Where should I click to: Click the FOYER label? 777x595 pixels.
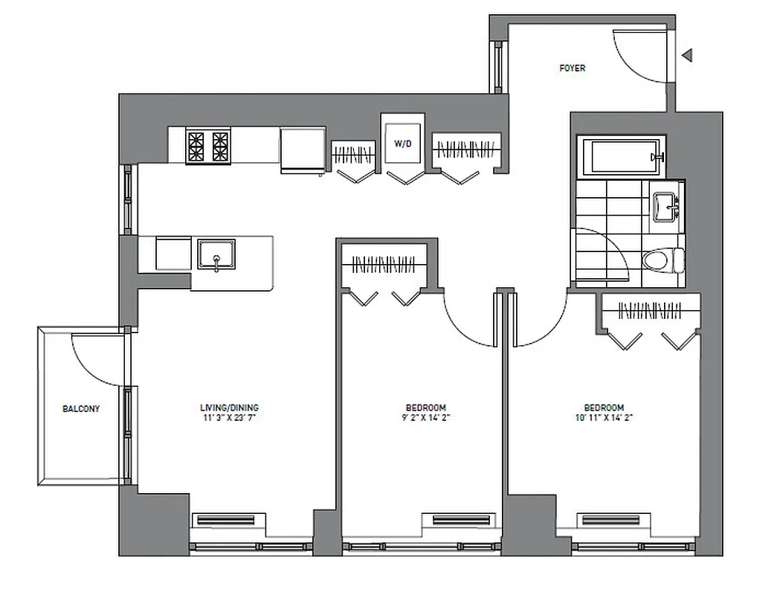tap(572, 68)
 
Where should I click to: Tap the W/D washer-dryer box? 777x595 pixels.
tap(402, 143)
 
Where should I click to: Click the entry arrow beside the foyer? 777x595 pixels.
tap(688, 54)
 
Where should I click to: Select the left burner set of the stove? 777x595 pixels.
tap(196, 145)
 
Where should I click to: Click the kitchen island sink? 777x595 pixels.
tap(216, 254)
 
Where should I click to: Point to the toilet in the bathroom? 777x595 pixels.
tap(661, 260)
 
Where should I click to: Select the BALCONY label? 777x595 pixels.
tap(81, 409)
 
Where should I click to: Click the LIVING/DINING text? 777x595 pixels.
tap(229, 408)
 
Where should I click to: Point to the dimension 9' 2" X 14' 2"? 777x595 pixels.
tap(425, 418)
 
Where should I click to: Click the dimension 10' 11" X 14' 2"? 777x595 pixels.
tap(603, 418)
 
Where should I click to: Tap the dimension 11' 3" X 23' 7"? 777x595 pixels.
tap(229, 418)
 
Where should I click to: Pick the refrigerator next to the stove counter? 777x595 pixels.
tap(302, 150)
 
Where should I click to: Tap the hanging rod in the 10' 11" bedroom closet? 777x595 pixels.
tap(651, 309)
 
